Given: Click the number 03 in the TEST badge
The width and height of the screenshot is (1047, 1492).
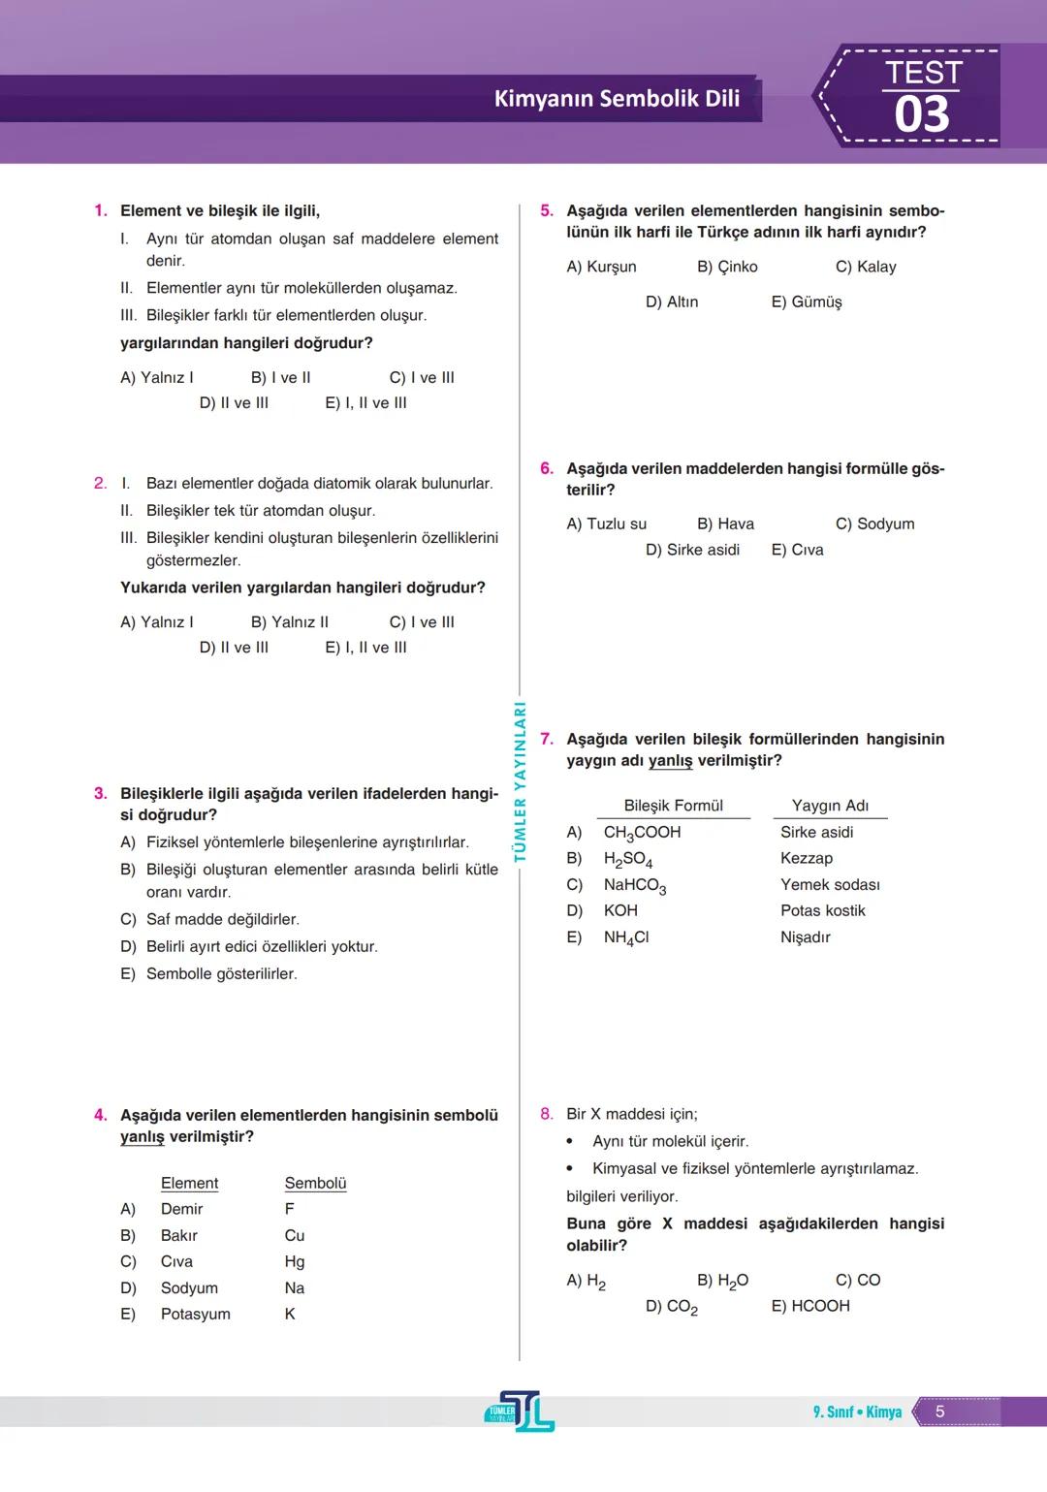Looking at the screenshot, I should click(x=921, y=115).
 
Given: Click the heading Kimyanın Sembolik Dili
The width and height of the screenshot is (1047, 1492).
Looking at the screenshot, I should click(x=617, y=99).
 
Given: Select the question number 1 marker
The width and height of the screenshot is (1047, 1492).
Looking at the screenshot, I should click(x=100, y=210).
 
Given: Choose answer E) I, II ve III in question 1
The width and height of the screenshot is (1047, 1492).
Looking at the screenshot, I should click(x=365, y=402).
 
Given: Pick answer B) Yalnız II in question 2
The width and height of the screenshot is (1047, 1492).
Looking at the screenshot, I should click(x=289, y=621).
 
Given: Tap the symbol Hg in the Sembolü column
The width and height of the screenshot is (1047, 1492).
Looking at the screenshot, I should click(x=295, y=1261).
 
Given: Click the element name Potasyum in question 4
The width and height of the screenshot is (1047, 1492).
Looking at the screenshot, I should click(x=195, y=1314).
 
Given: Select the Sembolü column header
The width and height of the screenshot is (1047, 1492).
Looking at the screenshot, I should click(x=315, y=1183).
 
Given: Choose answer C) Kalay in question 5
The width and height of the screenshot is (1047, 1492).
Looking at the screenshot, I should click(x=866, y=267).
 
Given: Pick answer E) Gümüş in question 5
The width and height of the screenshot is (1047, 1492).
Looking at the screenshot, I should click(x=807, y=302).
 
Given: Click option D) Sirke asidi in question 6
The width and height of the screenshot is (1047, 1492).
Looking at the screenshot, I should click(x=692, y=550).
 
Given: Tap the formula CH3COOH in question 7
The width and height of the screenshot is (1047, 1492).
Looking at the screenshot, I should click(x=642, y=833).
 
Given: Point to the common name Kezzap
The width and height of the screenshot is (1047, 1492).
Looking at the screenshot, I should click(x=807, y=858).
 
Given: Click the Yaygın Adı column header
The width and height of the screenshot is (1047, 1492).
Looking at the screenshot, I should click(x=830, y=806).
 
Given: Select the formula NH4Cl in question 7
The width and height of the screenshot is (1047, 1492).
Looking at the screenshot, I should click(x=626, y=937).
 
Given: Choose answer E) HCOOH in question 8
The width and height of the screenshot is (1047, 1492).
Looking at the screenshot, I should click(x=810, y=1306).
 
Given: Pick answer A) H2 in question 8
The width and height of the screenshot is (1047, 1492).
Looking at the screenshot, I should click(x=587, y=1281).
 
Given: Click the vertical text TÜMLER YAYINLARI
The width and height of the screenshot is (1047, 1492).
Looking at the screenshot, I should click(x=520, y=781).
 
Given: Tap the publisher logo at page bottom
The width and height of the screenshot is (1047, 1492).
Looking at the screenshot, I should click(x=520, y=1412).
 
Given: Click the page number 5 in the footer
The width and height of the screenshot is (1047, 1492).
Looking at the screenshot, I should click(x=939, y=1412).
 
